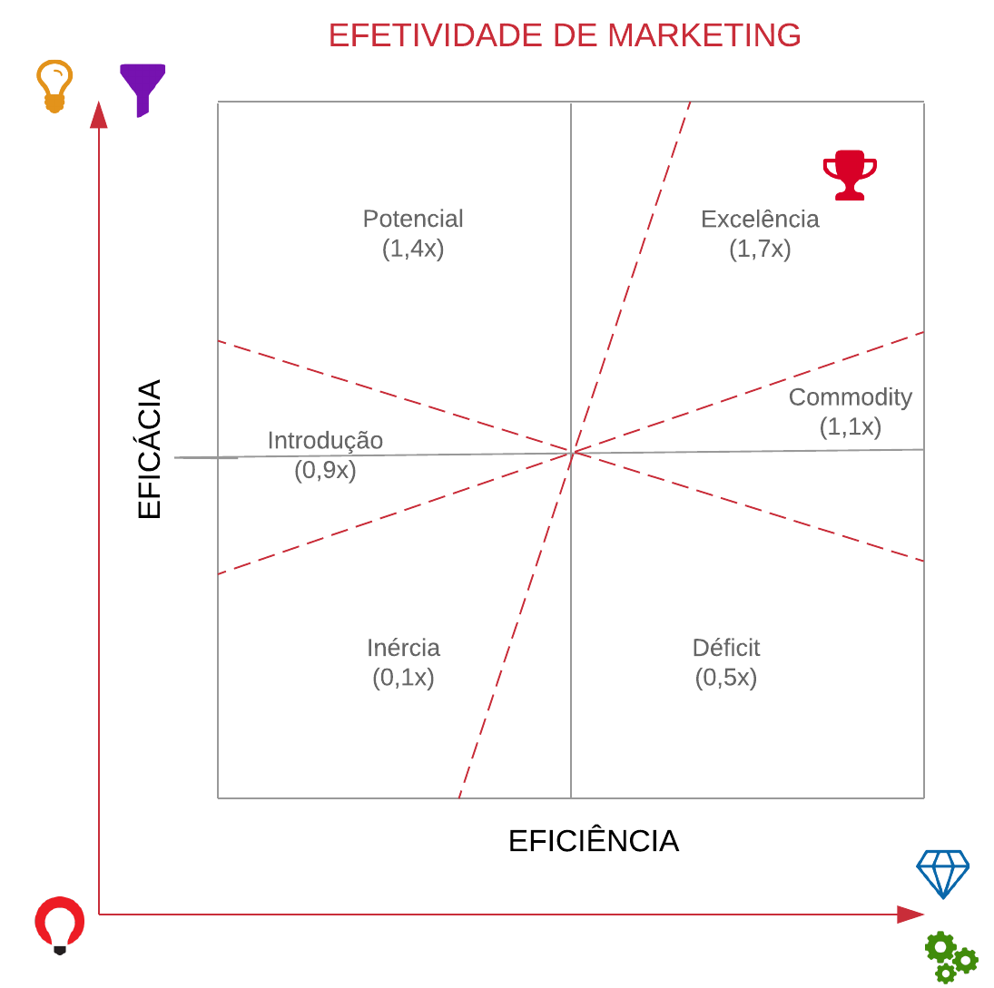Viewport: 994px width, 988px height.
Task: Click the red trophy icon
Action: [x=850, y=174]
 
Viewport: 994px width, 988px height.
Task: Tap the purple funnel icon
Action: [x=143, y=89]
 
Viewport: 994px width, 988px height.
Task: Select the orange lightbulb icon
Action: [x=54, y=86]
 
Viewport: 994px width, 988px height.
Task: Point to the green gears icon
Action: [x=950, y=957]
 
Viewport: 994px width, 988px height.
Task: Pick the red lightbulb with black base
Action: [x=60, y=924]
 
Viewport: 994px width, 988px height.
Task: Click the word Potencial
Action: [x=413, y=219]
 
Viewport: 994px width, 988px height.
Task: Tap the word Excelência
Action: [x=760, y=219]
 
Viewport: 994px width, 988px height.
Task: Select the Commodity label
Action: [x=850, y=396]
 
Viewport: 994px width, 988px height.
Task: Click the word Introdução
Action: [x=325, y=440]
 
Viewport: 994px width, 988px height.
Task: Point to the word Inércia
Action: [x=403, y=648]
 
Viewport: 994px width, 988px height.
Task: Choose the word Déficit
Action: [x=725, y=648]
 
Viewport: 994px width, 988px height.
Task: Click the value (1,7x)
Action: [x=760, y=249]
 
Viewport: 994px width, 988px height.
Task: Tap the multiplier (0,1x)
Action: [x=403, y=678]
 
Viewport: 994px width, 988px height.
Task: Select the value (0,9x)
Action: [x=325, y=470]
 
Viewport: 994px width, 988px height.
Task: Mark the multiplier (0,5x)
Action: [x=725, y=678]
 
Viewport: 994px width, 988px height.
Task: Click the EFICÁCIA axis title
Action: [x=149, y=449]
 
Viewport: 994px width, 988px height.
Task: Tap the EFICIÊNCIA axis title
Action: [x=593, y=841]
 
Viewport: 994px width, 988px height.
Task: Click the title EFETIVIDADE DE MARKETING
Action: [x=565, y=35]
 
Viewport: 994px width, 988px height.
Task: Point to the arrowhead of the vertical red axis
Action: [x=98, y=115]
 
